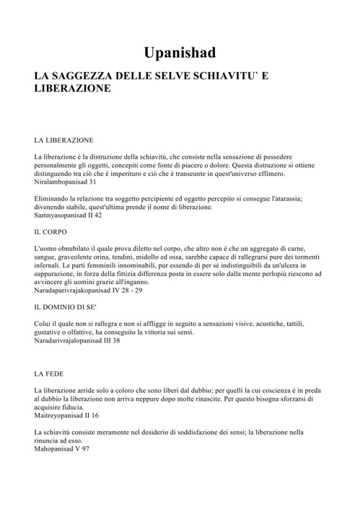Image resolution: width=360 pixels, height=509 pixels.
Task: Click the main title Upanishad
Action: click(x=180, y=53)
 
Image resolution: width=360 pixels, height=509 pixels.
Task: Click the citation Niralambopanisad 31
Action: click(x=68, y=182)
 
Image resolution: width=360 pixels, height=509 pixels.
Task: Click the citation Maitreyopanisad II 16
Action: click(x=66, y=416)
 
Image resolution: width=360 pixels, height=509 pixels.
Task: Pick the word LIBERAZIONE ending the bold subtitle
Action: click(x=72, y=89)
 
